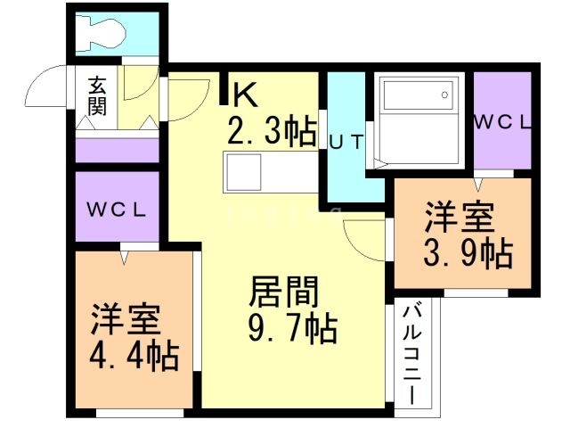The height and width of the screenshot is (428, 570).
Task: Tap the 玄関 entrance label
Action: click(x=97, y=97)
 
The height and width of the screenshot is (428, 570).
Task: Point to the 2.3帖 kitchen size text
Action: click(x=272, y=131)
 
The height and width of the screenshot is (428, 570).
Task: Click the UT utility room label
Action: click(x=346, y=141)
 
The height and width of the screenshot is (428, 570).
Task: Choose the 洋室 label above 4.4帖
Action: click(x=126, y=319)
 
